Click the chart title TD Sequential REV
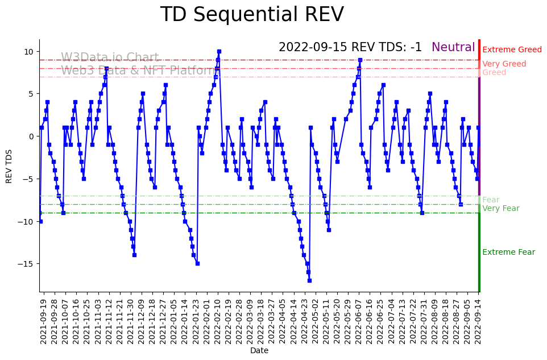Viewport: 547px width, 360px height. pos(252,15)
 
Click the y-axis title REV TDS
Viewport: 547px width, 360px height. pos(9,165)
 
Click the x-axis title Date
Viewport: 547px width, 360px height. pos(259,351)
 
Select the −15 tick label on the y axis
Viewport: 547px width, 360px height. pos(28,264)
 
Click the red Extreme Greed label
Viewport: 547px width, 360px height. pos(512,50)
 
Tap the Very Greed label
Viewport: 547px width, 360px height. pos(504,64)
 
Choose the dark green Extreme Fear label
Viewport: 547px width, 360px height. pos(508,253)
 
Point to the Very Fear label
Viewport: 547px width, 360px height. pos(500,209)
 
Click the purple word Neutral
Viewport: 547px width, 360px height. pos(453,48)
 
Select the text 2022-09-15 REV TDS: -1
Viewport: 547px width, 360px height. pos(350,48)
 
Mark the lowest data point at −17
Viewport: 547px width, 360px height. pos(309,280)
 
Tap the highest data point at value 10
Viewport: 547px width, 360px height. pos(219,52)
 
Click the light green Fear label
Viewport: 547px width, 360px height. pos(491,200)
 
